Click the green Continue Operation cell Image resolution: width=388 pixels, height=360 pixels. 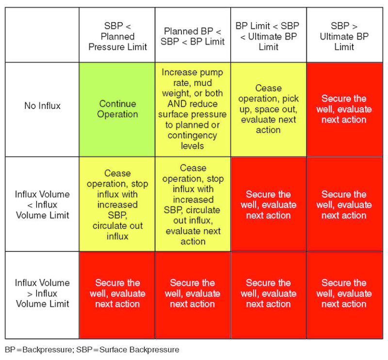[117, 109]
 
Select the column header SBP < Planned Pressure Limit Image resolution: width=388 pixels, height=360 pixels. [117, 36]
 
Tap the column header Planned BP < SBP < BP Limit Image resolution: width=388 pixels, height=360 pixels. [193, 36]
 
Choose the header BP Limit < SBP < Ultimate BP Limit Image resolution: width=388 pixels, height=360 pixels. [268, 36]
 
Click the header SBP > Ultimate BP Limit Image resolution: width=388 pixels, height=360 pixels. [343, 36]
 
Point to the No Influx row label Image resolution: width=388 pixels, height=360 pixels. [42, 106]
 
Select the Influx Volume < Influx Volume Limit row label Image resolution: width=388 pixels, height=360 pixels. [42, 204]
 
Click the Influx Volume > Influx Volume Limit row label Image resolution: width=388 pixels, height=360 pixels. [42, 293]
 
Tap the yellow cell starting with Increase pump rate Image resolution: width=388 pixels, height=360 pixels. [193, 109]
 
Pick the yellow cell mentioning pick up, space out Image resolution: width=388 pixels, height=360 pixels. [268, 109]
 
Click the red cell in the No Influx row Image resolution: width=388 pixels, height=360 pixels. [343, 109]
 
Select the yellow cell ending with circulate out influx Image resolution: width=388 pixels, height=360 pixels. [117, 204]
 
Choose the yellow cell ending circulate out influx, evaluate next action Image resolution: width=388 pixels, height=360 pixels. [193, 204]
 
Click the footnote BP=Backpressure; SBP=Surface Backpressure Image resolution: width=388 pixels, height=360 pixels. [92, 349]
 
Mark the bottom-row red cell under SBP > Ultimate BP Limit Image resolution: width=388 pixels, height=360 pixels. [343, 294]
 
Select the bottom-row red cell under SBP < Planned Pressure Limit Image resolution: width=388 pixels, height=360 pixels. [117, 294]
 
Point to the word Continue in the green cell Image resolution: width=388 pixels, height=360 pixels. [117, 104]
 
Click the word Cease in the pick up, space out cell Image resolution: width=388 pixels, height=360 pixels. [268, 88]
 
